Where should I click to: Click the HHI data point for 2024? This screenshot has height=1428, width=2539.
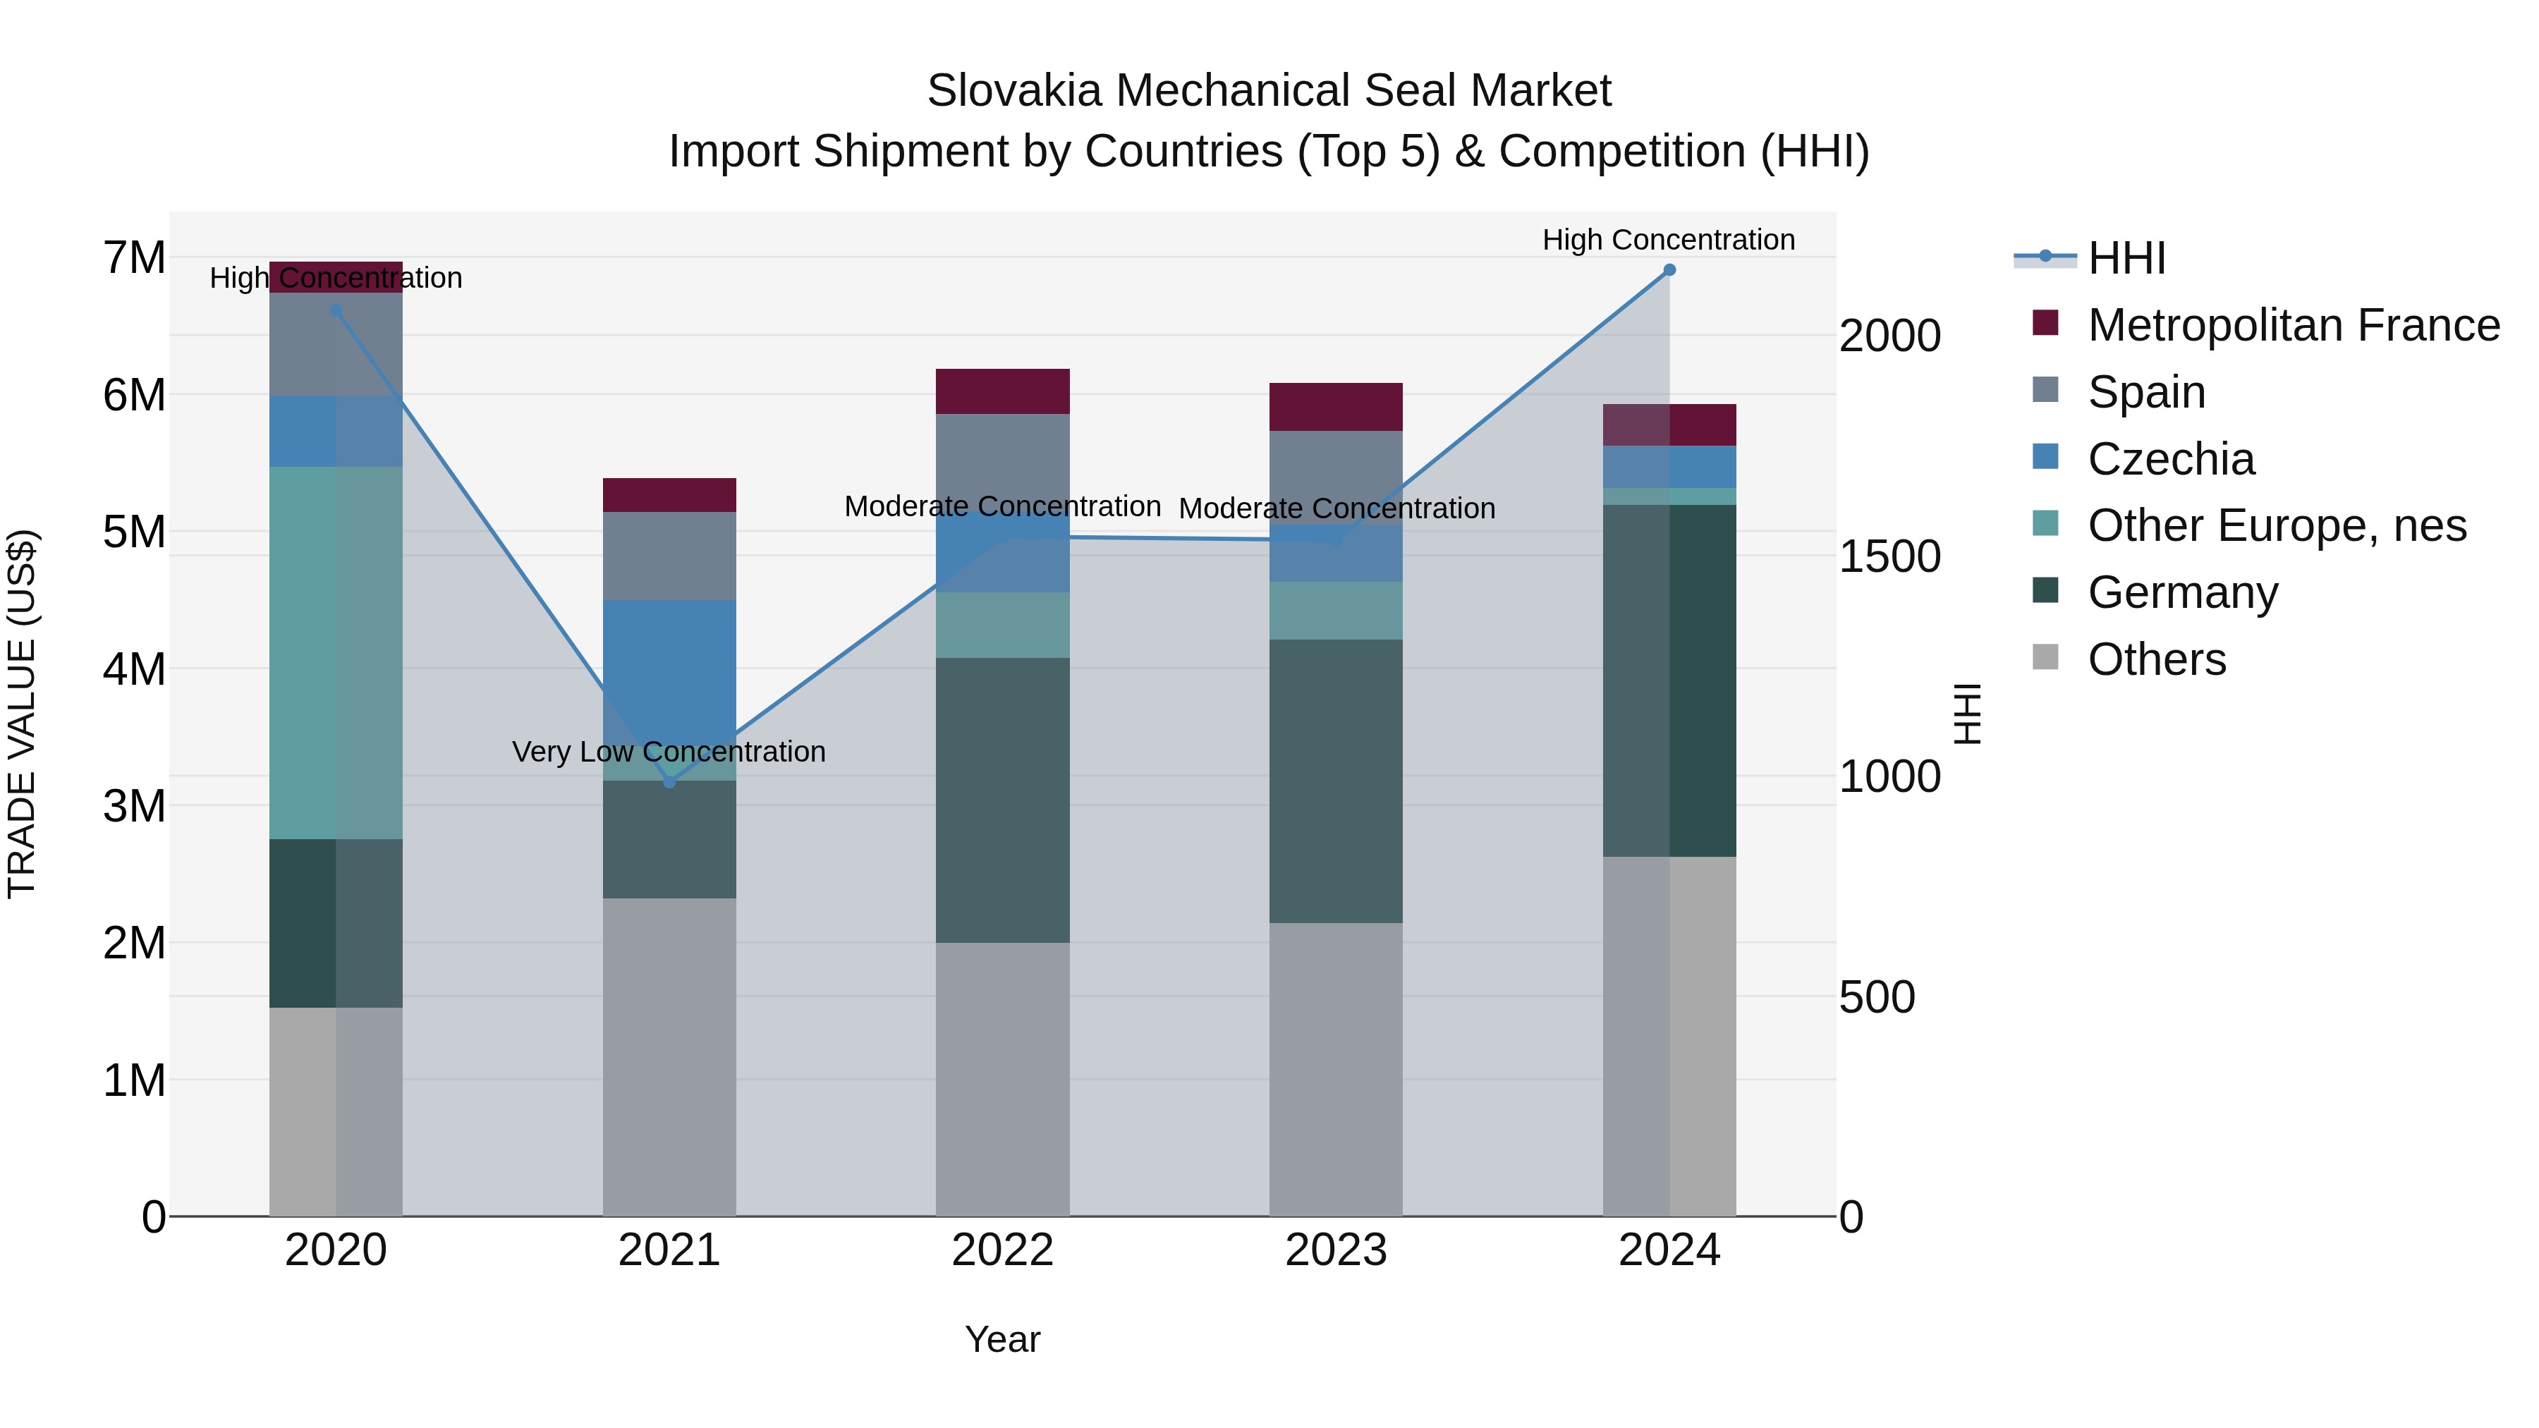[1669, 270]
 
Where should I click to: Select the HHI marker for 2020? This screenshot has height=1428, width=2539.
[336, 310]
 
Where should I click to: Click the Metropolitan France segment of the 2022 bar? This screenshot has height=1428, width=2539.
[1002, 391]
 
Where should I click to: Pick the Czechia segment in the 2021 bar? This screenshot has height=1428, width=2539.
[669, 670]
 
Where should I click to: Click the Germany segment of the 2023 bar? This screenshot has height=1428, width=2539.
[1336, 781]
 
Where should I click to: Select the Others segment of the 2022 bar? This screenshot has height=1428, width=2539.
[1002, 1079]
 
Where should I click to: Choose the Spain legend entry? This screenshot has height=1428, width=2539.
[2145, 392]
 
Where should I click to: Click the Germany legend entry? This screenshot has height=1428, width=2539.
[2182, 592]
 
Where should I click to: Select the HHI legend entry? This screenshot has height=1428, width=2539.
[2126, 258]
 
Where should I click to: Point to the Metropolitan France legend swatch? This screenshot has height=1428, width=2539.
[2045, 323]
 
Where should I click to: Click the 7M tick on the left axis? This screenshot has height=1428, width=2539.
[134, 258]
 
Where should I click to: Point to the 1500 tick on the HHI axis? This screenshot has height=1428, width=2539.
[1889, 557]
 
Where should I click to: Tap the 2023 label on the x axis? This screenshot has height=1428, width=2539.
[1336, 1250]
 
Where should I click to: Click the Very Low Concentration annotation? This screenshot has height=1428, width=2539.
[669, 752]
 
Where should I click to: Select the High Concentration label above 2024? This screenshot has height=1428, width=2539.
[1669, 240]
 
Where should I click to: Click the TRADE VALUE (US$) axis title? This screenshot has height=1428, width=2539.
[22, 714]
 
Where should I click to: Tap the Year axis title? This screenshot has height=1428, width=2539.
[1002, 1339]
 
